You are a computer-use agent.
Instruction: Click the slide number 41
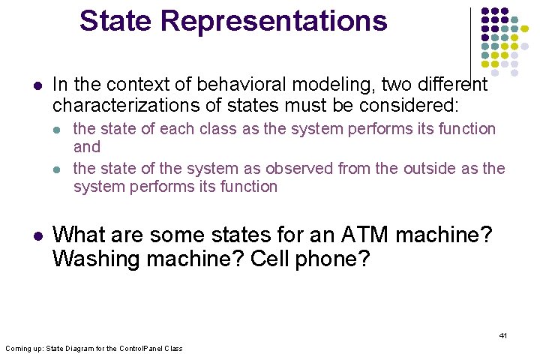pos(503,335)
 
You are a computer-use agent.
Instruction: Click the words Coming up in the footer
pos(22,349)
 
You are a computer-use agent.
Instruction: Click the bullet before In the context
pos(37,85)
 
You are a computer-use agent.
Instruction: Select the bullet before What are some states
pos(37,235)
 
